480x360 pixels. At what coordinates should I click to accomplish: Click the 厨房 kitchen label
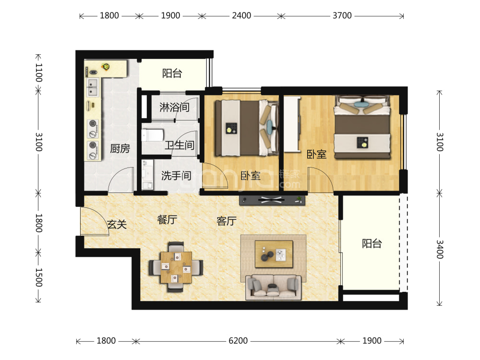coord(120,148)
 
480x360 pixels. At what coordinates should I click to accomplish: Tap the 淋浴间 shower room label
coord(174,107)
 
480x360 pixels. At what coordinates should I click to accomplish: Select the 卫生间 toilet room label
coord(180,145)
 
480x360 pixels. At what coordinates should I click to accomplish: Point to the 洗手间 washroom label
coord(176,175)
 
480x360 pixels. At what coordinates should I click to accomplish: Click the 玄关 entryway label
coord(117,224)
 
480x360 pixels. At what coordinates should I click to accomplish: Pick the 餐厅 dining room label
coord(167,219)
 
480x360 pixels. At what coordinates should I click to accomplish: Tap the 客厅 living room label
coord(227,221)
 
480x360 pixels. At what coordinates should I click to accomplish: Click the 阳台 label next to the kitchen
coord(172,73)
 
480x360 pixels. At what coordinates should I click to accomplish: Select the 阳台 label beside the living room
coord(372,243)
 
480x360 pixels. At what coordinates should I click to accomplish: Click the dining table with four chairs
coord(176,267)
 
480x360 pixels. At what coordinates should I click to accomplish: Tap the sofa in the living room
coord(274,287)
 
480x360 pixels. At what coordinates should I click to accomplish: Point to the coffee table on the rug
coord(274,254)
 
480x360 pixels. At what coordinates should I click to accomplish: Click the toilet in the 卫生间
coord(153,135)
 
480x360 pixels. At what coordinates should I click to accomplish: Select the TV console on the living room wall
coord(272,200)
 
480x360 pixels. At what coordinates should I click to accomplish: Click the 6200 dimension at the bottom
coord(238,341)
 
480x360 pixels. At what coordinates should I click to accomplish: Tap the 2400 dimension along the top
coord(241,15)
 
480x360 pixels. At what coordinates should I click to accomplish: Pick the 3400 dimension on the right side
coord(440,249)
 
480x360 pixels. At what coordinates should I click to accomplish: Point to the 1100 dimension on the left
coord(38,72)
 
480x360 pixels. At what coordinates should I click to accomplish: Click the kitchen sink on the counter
coord(92,87)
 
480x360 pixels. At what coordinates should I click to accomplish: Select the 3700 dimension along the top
coord(342,15)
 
